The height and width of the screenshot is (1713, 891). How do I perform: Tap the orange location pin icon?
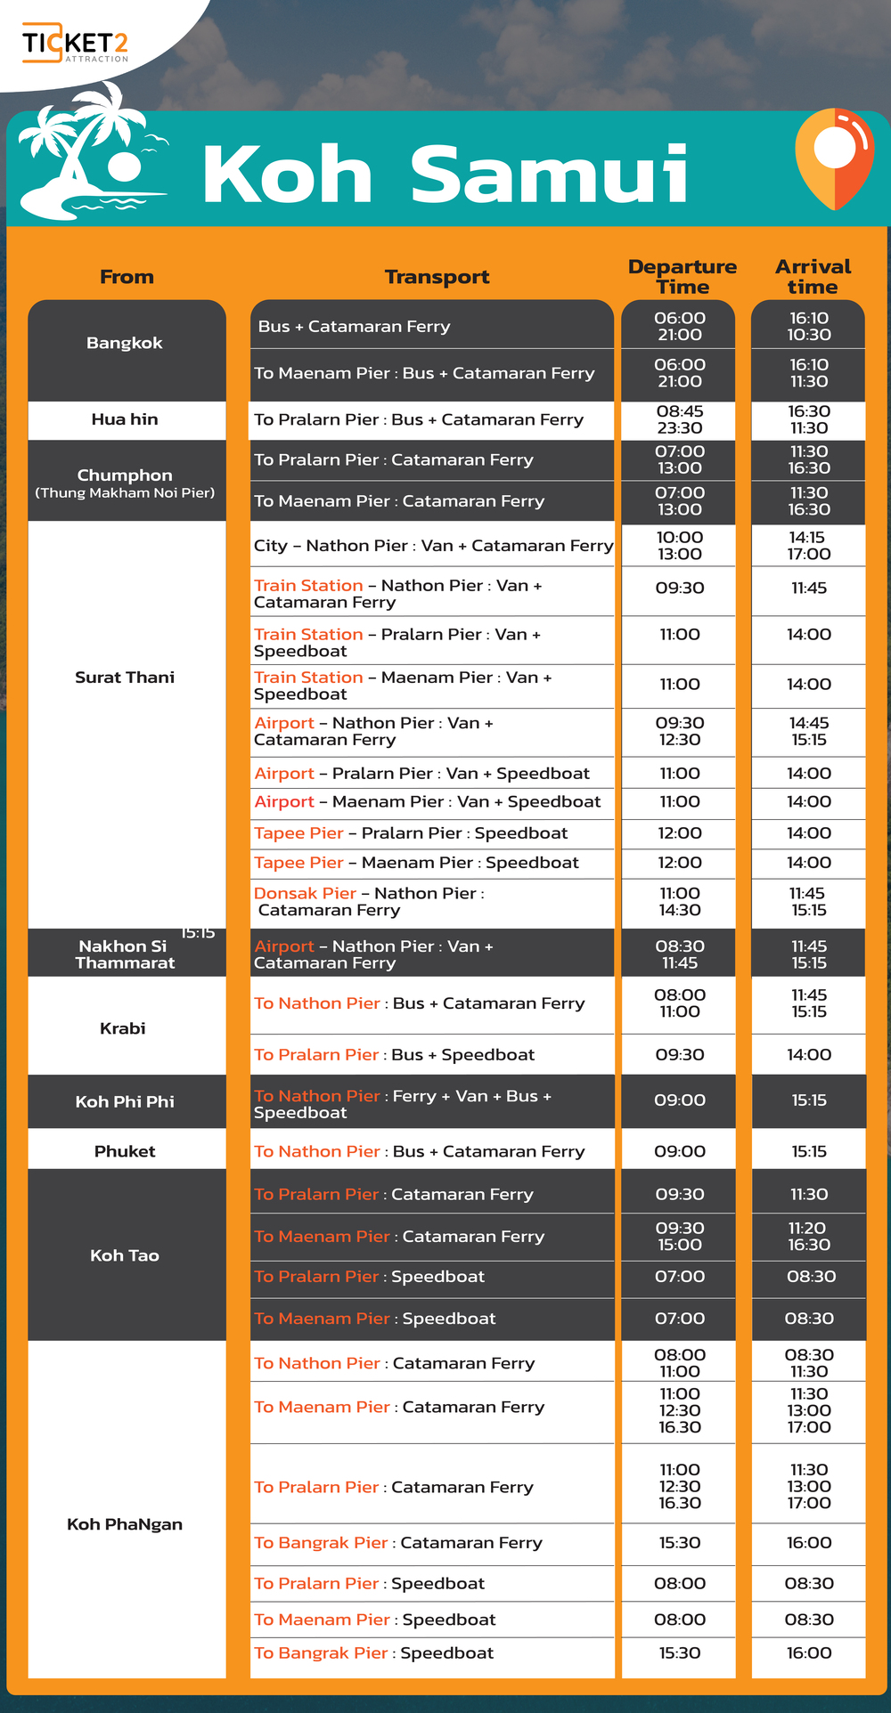834,158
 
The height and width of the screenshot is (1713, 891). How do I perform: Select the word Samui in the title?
549,174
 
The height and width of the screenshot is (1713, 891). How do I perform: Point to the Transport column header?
437,277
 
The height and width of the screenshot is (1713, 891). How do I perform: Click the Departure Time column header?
682,276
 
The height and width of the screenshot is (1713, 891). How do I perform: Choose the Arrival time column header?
813,276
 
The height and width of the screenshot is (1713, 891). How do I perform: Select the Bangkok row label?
125,343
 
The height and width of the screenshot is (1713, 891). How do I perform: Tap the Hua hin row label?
125,419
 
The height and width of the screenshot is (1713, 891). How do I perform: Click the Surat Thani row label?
125,677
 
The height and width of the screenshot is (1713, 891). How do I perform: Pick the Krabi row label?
123,1028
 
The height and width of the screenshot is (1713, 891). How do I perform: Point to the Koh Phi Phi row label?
125,1101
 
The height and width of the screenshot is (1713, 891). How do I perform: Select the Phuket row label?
125,1151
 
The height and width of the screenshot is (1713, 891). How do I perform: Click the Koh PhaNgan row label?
125,1523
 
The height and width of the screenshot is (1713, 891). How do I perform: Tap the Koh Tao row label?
125,1255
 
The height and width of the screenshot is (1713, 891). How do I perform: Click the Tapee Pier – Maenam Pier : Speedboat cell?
416,862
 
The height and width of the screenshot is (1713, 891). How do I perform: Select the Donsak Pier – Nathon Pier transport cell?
369,901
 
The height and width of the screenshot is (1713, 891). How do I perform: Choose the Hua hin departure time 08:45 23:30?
680,419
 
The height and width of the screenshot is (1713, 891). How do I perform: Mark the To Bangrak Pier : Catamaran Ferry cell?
398,1542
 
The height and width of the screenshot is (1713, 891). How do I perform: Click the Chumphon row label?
125,481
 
